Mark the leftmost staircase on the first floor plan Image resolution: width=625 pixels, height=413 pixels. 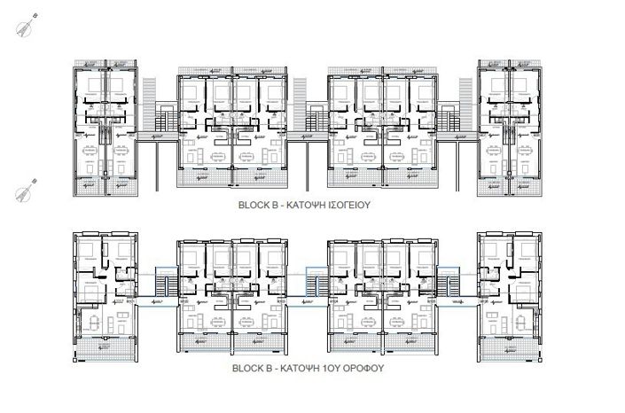[162, 285]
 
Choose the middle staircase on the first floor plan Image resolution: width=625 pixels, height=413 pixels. [312, 285]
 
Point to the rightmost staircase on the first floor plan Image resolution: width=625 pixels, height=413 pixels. [454, 285]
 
